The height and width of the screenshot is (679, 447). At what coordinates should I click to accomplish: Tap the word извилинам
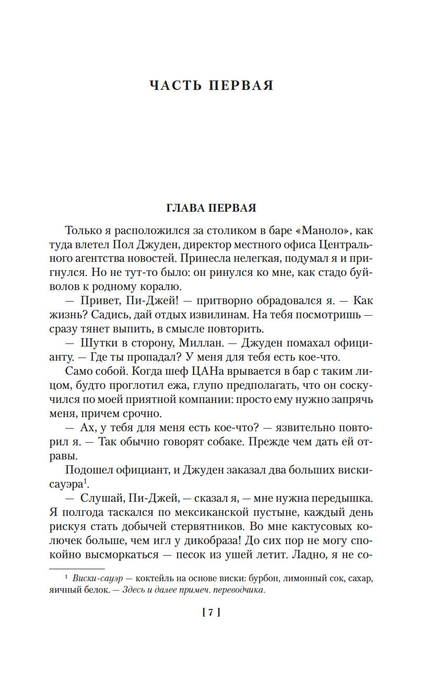point(229,315)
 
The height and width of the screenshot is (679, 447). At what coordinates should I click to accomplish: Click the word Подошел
point(88,470)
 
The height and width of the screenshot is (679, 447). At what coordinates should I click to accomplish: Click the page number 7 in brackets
point(211,613)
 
